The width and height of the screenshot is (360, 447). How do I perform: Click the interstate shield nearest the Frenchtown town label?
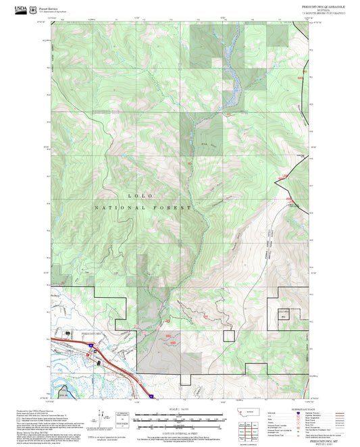click(88, 344)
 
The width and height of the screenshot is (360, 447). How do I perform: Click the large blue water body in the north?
click(233, 68)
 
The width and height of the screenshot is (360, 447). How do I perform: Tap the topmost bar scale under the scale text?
click(170, 414)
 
